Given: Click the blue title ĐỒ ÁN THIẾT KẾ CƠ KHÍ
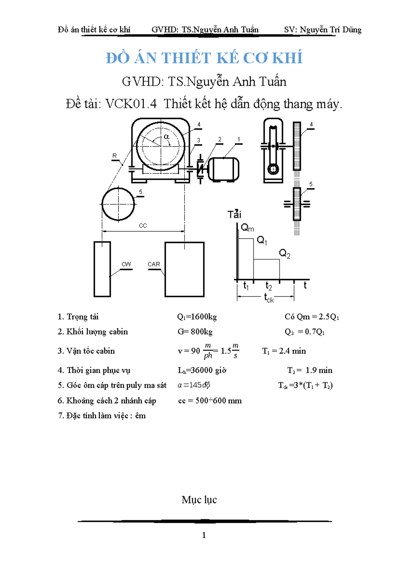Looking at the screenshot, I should coord(204,58).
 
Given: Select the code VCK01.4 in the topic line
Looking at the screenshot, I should coord(131,104).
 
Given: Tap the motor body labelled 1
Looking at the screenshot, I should coord(223,169).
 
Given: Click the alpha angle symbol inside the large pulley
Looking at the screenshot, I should coord(167,137).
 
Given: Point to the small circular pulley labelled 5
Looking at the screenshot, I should coord(118,204).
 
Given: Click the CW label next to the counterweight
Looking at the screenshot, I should coord(126,264).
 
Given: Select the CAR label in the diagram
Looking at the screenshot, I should coord(154,264).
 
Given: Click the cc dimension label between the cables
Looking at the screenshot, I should coord(143,226).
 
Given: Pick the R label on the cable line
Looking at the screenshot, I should coord(115,156).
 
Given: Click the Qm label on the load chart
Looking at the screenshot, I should coord(247,228).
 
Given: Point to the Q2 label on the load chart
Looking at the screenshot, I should coord(285,254).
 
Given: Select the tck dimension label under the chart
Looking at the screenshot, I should coord(269,298).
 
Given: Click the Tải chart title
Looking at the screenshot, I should coord(234,214).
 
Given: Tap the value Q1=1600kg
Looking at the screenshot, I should coord(197,317).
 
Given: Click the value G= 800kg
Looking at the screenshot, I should coord(195,332).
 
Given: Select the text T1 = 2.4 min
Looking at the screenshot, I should coord(284,351).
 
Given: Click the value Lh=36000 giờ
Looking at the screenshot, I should coord(202,370).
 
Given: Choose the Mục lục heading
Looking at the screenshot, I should coord(199,500).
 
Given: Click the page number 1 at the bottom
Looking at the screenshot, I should coord(204,535).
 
